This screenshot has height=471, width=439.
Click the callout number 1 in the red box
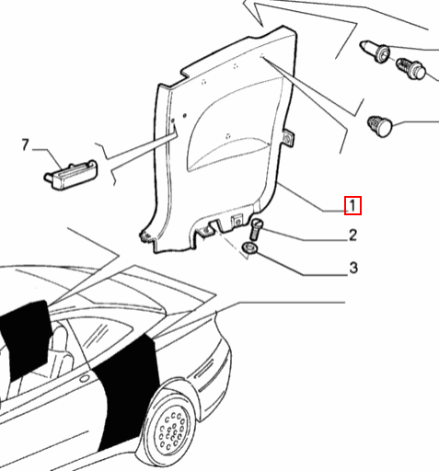352,206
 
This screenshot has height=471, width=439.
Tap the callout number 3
352,269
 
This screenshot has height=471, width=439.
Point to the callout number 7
26,144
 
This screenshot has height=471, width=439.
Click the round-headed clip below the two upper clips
380,125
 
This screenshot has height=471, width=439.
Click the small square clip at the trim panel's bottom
237,220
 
